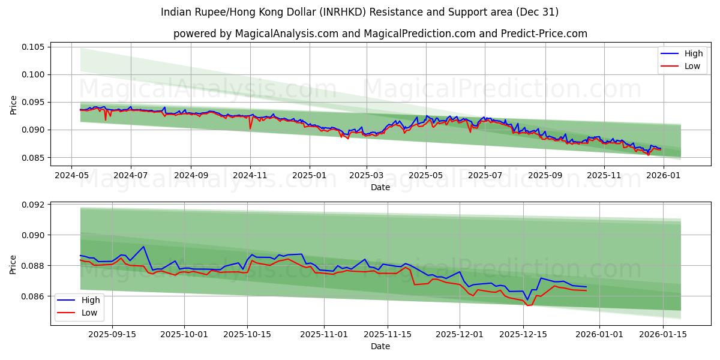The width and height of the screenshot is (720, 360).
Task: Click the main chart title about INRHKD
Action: tap(360, 12)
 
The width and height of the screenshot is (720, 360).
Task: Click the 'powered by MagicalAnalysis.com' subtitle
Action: tap(380, 34)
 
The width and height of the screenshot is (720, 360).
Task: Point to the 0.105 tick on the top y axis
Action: tap(34, 47)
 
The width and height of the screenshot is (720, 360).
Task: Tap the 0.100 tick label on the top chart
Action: tap(34, 74)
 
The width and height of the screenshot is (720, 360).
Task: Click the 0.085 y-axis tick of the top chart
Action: tap(34, 158)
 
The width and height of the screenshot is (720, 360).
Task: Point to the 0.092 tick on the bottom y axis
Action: tap(34, 205)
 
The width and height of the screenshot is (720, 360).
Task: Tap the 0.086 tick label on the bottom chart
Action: tap(34, 296)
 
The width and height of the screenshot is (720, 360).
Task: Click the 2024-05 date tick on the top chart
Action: tap(71, 175)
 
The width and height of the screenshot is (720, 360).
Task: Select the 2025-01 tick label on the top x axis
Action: tap(310, 175)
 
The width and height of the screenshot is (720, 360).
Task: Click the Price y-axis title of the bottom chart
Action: tap(14, 264)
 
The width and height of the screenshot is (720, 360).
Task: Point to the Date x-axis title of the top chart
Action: tap(380, 187)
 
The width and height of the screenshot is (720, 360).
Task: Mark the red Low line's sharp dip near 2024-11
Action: tap(250, 128)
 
